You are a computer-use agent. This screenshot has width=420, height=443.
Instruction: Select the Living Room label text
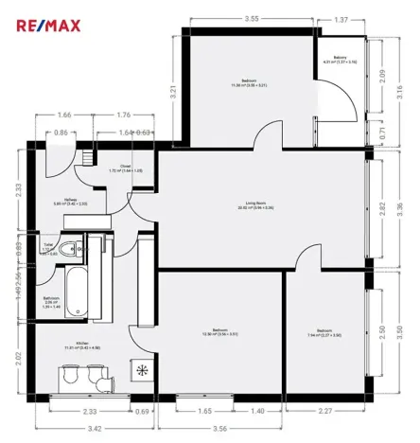click(x=255, y=204)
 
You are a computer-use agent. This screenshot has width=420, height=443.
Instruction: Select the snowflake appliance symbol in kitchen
click(x=143, y=369)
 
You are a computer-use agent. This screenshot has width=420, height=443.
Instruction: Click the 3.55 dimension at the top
click(x=252, y=18)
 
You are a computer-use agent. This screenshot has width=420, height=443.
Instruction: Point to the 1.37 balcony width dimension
click(x=341, y=18)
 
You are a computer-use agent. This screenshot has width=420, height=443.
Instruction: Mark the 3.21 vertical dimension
click(x=174, y=92)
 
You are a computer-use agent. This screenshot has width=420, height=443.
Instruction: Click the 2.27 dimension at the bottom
click(x=326, y=412)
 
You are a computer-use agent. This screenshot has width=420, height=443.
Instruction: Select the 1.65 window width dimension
click(x=204, y=412)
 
